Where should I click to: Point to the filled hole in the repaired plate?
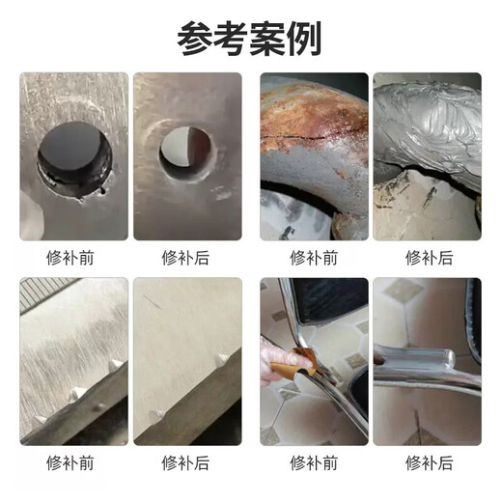(184, 153)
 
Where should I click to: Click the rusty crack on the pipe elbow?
(307, 135)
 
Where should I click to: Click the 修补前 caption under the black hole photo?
(73, 258)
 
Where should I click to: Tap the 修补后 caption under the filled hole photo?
(187, 258)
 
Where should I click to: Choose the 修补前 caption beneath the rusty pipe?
(314, 258)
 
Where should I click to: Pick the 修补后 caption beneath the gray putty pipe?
(428, 258)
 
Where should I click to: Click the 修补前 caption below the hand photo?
(314, 461)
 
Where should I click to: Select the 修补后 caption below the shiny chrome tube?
(428, 461)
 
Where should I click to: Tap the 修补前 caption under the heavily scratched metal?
(73, 461)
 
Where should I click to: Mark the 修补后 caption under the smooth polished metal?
(187, 461)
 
